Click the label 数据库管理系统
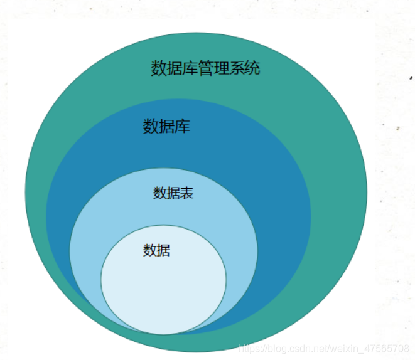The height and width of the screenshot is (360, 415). tap(205, 68)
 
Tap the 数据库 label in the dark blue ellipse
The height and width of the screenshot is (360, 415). tap(166, 127)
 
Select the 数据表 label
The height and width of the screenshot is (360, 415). tap(173, 193)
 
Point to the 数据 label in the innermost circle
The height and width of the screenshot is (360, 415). tap(156, 251)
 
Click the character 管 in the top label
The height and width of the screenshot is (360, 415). tap(205, 68)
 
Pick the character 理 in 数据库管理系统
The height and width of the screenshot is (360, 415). tap(221, 68)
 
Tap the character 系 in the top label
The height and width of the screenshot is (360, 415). tap(237, 68)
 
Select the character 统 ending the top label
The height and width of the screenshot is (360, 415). tap(252, 68)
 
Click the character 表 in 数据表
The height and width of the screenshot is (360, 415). tap(187, 193)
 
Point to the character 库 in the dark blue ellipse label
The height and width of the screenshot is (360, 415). tap(182, 127)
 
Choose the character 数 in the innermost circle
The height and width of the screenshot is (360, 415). tap(149, 251)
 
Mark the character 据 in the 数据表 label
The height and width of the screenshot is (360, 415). tap(173, 193)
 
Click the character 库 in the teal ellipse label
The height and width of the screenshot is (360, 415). tap(190, 68)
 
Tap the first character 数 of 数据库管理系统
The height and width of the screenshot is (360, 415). tap(158, 68)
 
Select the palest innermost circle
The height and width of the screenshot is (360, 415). tap(163, 289)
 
